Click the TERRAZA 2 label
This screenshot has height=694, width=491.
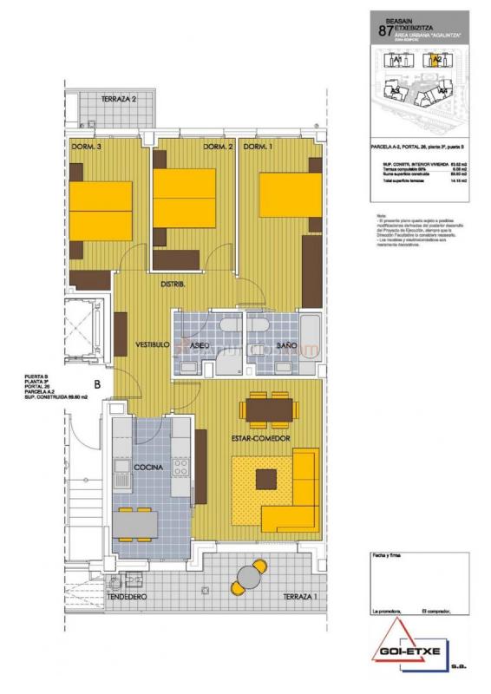119,99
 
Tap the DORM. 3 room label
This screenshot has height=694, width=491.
87,147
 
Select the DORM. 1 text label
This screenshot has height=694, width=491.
258,147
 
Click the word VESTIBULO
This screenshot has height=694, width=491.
152,345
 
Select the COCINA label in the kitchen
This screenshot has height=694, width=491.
148,468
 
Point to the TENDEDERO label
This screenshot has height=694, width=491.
125,598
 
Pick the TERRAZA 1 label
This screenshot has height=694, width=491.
299,598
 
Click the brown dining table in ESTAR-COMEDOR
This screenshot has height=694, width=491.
268,408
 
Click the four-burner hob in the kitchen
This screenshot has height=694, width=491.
181,467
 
